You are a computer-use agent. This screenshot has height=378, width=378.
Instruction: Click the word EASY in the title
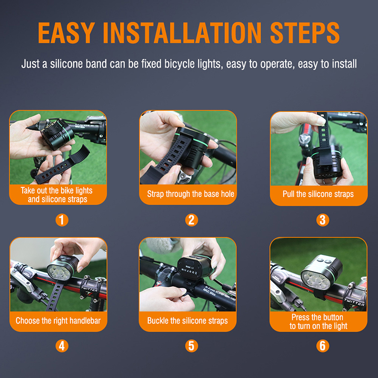point(67,33)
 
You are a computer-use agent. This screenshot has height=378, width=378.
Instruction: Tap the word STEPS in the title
point(305,33)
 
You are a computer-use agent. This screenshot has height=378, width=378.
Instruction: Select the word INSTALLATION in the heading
point(182,33)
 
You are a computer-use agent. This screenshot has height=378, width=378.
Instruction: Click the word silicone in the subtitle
point(66,64)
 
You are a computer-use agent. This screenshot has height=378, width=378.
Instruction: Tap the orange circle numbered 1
point(62,220)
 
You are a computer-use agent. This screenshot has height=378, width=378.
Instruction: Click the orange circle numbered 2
point(192,220)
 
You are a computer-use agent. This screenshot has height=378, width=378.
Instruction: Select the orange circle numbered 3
point(323,220)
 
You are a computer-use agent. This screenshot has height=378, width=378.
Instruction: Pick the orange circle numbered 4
point(62,346)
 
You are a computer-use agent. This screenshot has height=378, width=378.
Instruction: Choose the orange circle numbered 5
point(192,346)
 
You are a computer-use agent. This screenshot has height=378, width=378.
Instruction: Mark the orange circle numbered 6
point(323,346)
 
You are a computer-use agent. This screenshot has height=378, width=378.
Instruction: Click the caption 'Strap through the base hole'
point(191,194)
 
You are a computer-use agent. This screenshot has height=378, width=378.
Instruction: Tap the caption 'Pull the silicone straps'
point(318,194)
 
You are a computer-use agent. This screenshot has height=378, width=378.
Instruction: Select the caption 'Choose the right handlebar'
point(58,321)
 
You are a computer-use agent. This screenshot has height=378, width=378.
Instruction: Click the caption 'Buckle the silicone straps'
point(187,321)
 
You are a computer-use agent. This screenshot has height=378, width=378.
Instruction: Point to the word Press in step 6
point(300,317)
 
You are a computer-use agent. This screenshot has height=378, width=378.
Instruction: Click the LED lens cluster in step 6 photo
point(315,280)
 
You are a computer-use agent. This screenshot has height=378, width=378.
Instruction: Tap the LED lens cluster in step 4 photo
point(58,272)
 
